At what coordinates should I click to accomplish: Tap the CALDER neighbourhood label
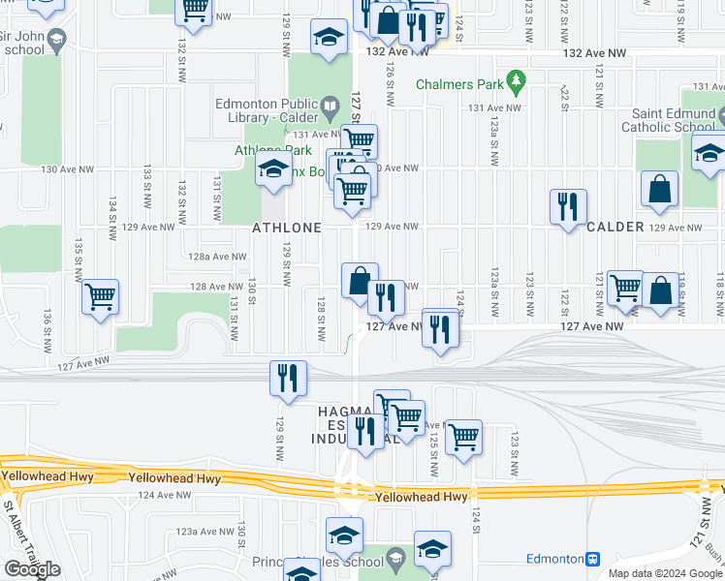(x=615, y=227)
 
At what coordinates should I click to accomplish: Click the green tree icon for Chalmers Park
(x=518, y=79)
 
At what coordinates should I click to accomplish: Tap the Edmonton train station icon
(x=593, y=559)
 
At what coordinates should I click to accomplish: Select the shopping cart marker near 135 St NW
(x=100, y=296)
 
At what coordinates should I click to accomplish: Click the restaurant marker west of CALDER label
(x=567, y=205)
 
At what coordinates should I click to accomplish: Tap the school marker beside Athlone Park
(x=274, y=170)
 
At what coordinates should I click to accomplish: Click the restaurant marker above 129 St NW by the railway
(x=287, y=378)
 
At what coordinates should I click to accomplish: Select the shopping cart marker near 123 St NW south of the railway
(x=464, y=436)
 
